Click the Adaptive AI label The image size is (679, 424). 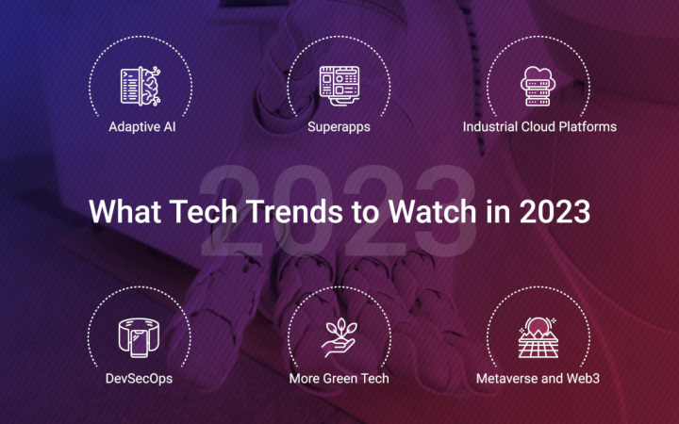(x=141, y=124)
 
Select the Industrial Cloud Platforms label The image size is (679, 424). (x=539, y=124)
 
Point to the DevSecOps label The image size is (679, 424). (x=140, y=379)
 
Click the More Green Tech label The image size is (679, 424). (x=339, y=379)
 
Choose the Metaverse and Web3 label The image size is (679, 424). (x=538, y=379)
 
